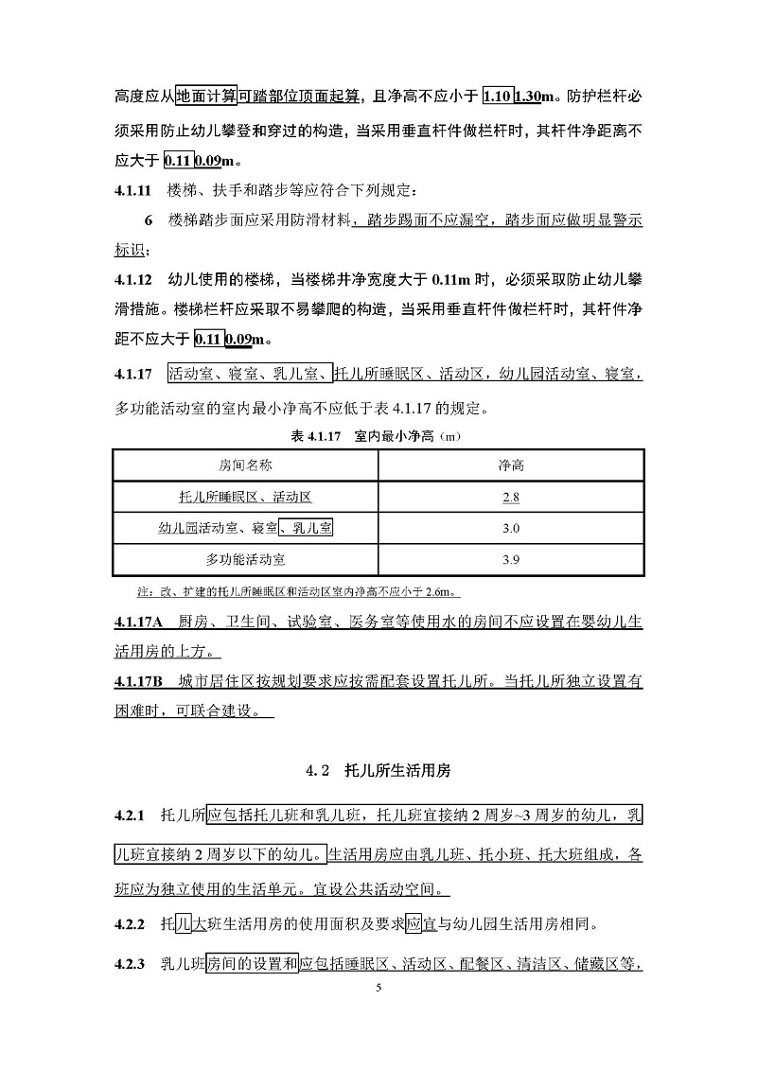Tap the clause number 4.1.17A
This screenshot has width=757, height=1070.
pos(139,623)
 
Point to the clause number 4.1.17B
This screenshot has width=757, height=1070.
pos(139,681)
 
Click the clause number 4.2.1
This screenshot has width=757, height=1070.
pos(129,816)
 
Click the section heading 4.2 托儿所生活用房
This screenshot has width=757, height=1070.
pos(378,771)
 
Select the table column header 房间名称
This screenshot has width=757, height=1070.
pos(245,465)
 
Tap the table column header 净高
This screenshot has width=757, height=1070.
pos(511,465)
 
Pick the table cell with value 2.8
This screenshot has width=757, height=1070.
pos(511,497)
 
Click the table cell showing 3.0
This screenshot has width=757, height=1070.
pos(511,528)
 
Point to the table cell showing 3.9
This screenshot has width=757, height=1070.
pos(511,560)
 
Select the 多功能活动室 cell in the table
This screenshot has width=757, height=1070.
pos(245,560)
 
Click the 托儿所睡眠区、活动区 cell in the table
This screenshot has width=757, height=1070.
pos(245,497)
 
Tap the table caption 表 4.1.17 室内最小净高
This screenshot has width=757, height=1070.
pos(378,438)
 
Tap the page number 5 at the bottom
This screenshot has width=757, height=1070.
pos(378,987)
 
